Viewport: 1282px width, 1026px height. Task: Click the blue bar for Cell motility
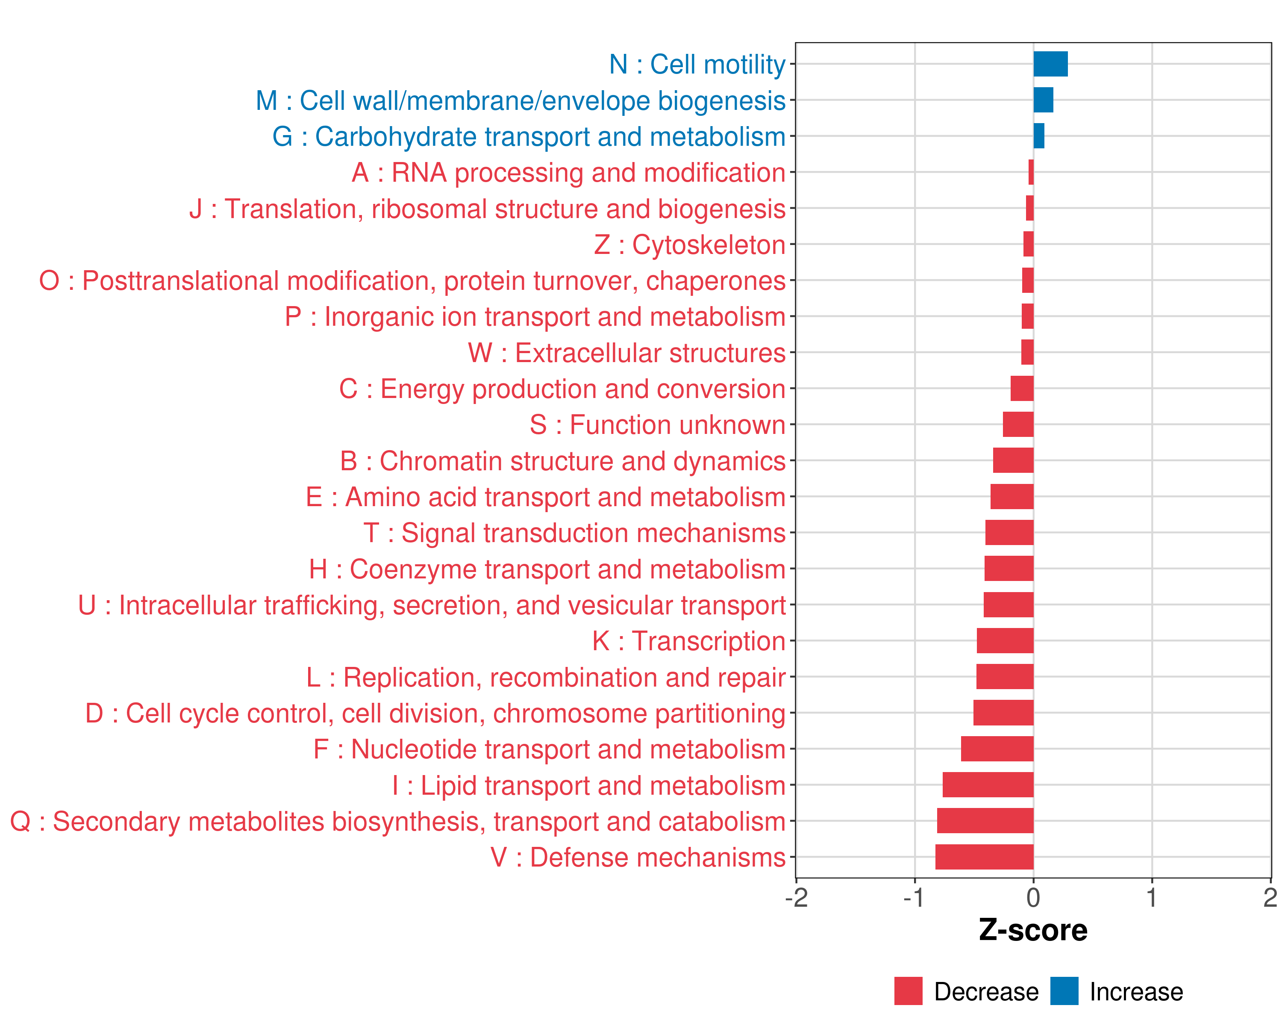click(1050, 64)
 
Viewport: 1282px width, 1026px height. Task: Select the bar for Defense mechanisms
click(984, 857)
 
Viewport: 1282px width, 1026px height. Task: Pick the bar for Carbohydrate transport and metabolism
click(1039, 136)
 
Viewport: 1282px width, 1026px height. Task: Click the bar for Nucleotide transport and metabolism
click(997, 749)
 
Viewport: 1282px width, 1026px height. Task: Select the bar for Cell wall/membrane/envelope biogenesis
click(1043, 100)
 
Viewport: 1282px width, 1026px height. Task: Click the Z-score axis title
click(1033, 930)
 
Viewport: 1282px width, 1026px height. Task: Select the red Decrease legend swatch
click(908, 991)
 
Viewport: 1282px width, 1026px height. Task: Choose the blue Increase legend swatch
click(1064, 991)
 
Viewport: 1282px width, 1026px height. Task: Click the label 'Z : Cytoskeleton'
click(690, 245)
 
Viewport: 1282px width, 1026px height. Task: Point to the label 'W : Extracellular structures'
click(627, 353)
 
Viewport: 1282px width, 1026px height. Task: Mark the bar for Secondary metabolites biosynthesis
click(985, 821)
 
